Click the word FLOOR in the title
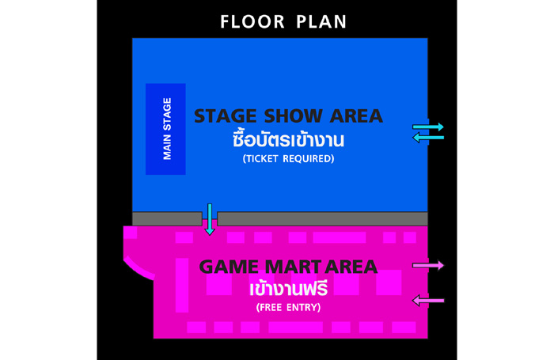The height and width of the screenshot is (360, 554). point(252,21)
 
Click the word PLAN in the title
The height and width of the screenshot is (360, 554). point(321,21)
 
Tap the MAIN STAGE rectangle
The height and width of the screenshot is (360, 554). point(165,129)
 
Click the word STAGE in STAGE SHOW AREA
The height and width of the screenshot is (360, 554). point(226,116)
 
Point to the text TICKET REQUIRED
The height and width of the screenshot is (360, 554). point(288,158)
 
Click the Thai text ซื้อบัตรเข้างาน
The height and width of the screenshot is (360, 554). point(288,138)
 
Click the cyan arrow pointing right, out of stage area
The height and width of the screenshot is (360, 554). point(428,127)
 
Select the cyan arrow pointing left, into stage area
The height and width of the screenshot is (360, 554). point(428,138)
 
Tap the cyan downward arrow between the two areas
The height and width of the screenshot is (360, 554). point(210,219)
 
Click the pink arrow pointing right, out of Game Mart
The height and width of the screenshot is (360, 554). point(428,265)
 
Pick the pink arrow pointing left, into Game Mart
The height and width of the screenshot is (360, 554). point(428,301)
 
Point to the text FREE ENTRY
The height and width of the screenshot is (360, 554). point(288,307)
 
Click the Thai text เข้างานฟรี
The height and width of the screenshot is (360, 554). point(288,289)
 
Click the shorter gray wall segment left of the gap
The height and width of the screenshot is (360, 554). point(167,218)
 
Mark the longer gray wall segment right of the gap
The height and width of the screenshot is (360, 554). point(322,218)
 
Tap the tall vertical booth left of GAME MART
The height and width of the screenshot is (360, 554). point(182,285)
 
